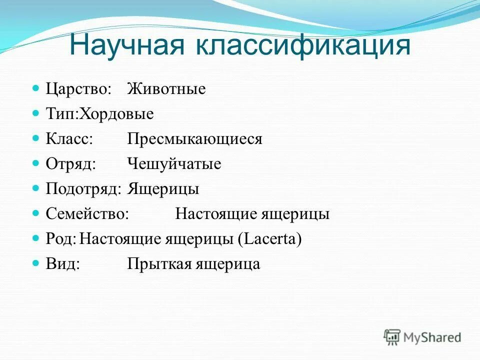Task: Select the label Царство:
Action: click(78, 89)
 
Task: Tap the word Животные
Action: click(166, 89)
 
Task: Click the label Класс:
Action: click(69, 139)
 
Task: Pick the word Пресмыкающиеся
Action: click(194, 139)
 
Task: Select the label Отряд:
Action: click(70, 164)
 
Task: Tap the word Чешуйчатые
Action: click(174, 164)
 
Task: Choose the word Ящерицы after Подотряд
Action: click(163, 189)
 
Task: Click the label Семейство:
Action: click(87, 214)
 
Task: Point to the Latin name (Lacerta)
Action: click(270, 239)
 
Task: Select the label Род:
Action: click(61, 239)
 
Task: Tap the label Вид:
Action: click(63, 264)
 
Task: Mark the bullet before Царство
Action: click(35, 88)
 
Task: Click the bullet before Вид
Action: click(35, 263)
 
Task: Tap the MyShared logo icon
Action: click(392, 337)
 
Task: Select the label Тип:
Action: click(60, 114)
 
